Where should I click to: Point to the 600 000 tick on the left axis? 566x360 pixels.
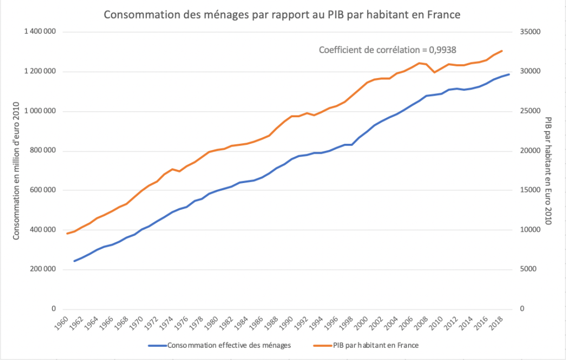pyautogui.click(x=43, y=190)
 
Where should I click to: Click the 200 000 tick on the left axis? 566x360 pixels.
pyautogui.click(x=43, y=269)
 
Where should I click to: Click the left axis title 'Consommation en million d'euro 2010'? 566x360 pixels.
pyautogui.click(x=17, y=171)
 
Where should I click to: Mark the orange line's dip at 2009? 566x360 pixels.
pyautogui.click(x=435, y=72)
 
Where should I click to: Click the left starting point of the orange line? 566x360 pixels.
pyautogui.click(x=67, y=233)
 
